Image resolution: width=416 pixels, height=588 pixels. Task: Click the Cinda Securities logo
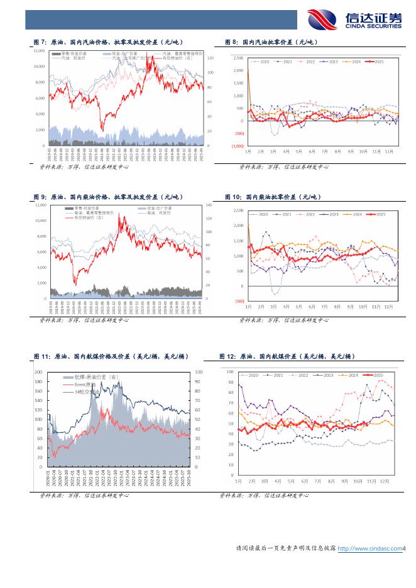coord(354,20)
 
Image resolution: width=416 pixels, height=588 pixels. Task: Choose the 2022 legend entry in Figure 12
coord(303,375)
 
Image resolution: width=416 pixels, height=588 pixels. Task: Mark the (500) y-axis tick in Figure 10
coord(239,302)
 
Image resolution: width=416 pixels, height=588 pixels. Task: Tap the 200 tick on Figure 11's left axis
coord(38,372)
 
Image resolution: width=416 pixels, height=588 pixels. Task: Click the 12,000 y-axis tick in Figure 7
coord(39,50)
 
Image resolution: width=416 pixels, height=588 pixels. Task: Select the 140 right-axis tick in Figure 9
coord(210,205)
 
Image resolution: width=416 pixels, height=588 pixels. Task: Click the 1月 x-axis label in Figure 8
coord(249,152)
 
